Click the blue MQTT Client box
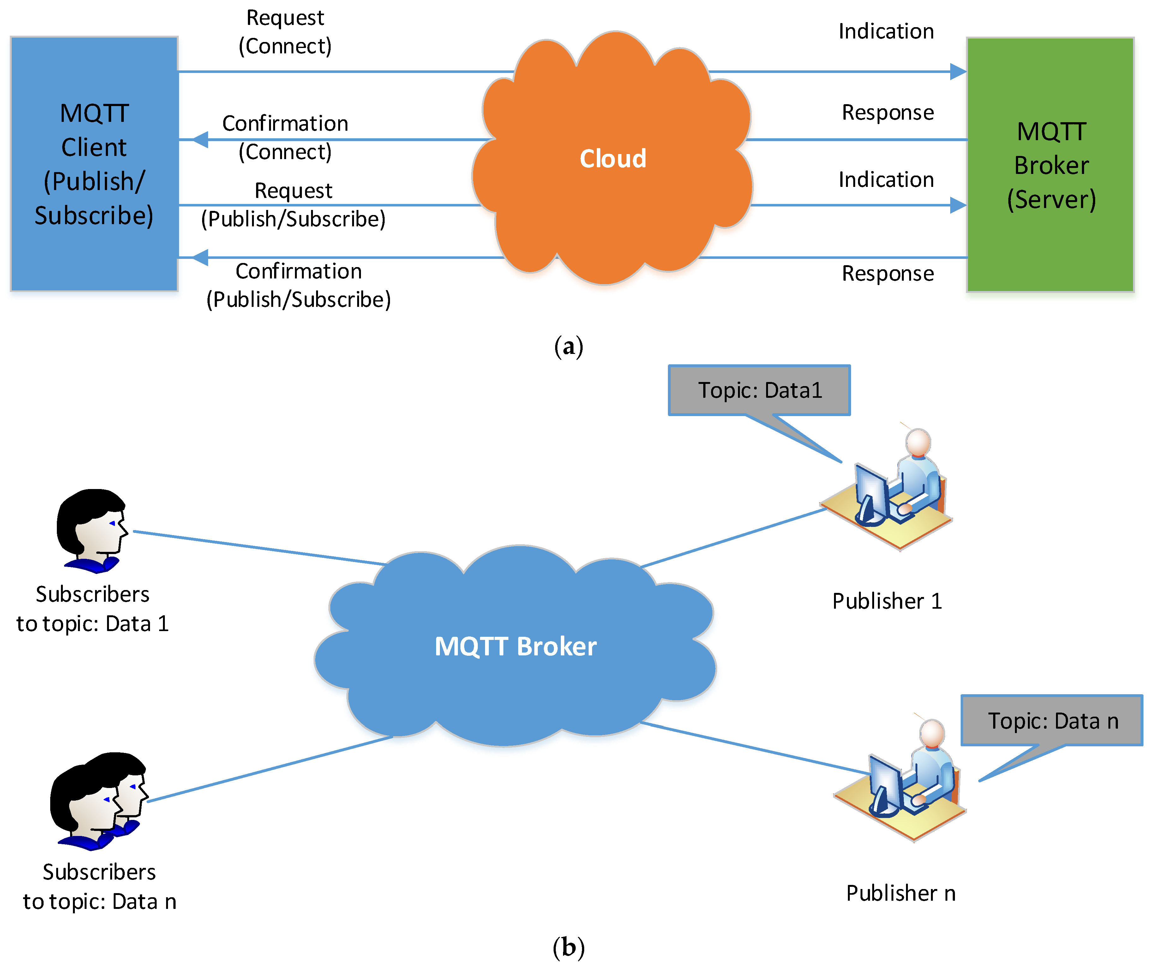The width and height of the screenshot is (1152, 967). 94,164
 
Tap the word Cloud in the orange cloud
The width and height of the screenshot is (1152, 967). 613,158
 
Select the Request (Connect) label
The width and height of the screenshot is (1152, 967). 285,32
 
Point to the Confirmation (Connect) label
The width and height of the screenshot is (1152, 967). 285,137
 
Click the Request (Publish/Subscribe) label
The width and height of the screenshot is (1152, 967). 293,205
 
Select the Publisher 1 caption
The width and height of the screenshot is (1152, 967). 887,601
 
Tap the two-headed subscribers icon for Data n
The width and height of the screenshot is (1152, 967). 99,801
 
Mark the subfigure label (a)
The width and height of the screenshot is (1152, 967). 568,347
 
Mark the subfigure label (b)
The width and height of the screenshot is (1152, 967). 568,947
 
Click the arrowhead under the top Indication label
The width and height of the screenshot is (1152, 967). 958,71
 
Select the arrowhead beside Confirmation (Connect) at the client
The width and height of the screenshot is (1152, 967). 200,139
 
